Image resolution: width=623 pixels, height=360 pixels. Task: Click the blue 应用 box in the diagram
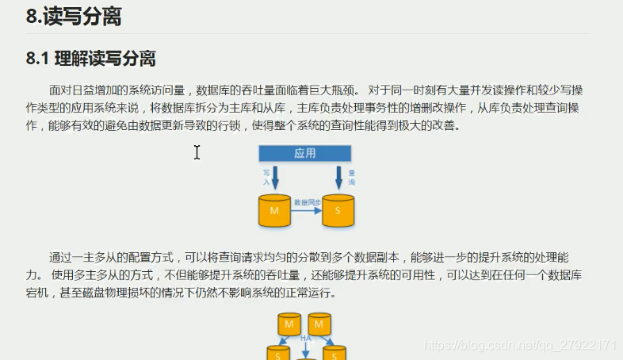click(x=305, y=154)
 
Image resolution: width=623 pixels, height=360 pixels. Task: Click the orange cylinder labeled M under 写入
click(x=274, y=209)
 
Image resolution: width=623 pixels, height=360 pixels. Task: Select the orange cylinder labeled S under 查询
click(x=338, y=209)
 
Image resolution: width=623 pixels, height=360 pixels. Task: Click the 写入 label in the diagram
click(x=266, y=176)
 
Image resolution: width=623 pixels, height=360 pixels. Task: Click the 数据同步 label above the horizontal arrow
click(x=306, y=202)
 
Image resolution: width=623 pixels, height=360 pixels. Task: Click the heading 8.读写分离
click(x=74, y=17)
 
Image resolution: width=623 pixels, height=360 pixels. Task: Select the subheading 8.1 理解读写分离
click(x=90, y=59)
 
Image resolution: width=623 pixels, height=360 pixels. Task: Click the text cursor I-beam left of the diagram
click(x=197, y=152)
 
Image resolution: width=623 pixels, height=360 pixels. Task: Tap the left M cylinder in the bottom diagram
click(x=289, y=325)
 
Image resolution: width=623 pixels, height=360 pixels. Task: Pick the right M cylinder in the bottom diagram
click(x=319, y=325)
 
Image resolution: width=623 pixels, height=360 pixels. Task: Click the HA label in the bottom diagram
click(x=304, y=338)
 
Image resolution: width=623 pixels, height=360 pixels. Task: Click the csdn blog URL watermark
click(x=520, y=346)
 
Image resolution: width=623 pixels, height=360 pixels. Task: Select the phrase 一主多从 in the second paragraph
click(x=101, y=258)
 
